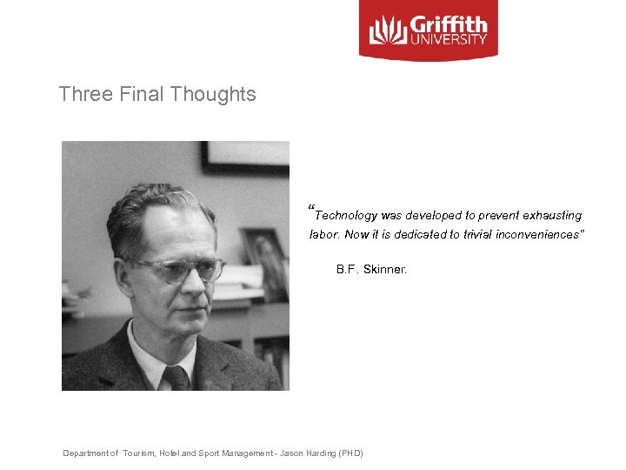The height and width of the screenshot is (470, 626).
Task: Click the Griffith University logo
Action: (x=428, y=30)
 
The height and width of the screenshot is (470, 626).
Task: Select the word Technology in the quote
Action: (x=346, y=215)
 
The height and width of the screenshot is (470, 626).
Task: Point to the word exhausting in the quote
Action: (x=553, y=215)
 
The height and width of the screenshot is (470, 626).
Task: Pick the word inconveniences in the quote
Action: (x=541, y=235)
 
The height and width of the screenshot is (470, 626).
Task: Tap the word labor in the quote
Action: (x=323, y=235)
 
